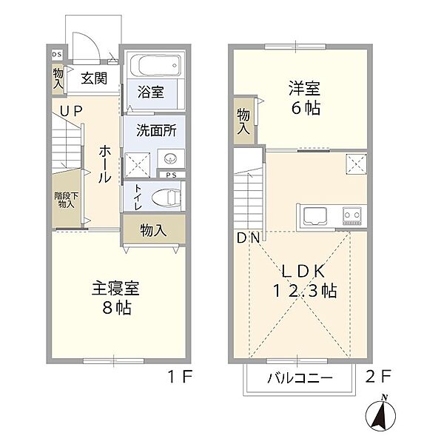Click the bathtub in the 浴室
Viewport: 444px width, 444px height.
pyautogui.click(x=155, y=65)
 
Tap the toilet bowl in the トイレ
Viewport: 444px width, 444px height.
pyautogui.click(x=166, y=197)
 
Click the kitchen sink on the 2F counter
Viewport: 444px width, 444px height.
pyautogui.click(x=314, y=216)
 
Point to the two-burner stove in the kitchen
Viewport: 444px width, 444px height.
pyautogui.click(x=352, y=216)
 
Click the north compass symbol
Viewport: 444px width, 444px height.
pyautogui.click(x=380, y=414)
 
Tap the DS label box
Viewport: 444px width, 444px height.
pyautogui.click(x=57, y=55)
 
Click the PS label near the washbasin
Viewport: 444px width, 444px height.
pyautogui.click(x=171, y=175)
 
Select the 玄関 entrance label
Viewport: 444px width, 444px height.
pyautogui.click(x=94, y=78)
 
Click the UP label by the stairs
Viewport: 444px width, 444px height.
pyautogui.click(x=71, y=111)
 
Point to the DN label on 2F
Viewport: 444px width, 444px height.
pyautogui.click(x=248, y=238)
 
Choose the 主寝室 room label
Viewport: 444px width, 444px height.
pyautogui.click(x=115, y=289)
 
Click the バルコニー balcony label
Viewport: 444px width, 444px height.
pyautogui.click(x=300, y=378)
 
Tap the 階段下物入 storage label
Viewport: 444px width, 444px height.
pyautogui.click(x=67, y=200)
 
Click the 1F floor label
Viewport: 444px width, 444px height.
pyautogui.click(x=181, y=377)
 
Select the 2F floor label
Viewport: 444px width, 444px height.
pyautogui.click(x=378, y=377)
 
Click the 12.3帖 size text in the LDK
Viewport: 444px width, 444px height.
pyautogui.click(x=305, y=291)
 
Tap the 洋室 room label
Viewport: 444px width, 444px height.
pyautogui.click(x=304, y=88)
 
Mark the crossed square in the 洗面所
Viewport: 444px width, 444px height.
pyautogui.click(x=138, y=165)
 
